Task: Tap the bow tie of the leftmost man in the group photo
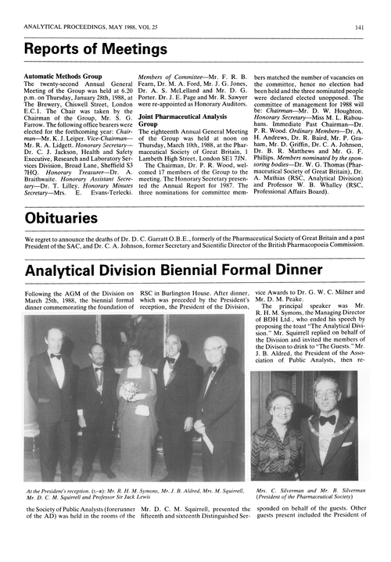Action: pyautogui.click(x=56, y=355)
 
